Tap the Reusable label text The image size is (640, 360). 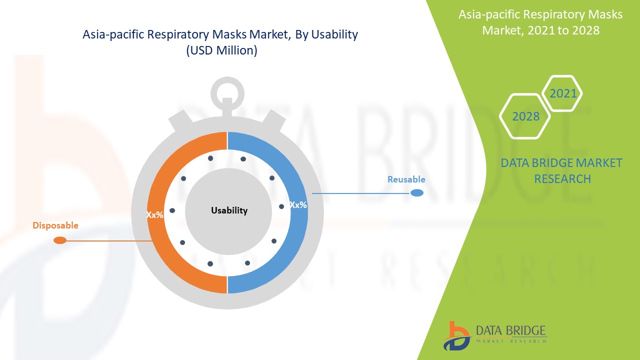click(x=406, y=179)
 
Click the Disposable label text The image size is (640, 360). click(x=55, y=225)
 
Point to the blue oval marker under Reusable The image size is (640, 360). click(x=417, y=193)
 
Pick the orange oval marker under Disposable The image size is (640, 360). click(x=60, y=240)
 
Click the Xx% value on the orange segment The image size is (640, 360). click(x=154, y=215)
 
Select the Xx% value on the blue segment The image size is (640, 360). click(x=298, y=205)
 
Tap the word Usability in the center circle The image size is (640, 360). click(x=229, y=210)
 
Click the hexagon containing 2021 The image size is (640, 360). click(x=563, y=93)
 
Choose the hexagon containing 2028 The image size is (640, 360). click(x=526, y=116)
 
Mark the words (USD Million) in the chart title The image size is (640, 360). click(x=221, y=50)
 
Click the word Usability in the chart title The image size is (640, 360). click(x=334, y=34)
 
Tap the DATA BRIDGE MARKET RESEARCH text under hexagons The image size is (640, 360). click(x=562, y=170)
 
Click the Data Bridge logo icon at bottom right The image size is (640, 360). click(x=456, y=335)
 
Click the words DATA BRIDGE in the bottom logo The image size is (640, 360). click(x=511, y=331)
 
